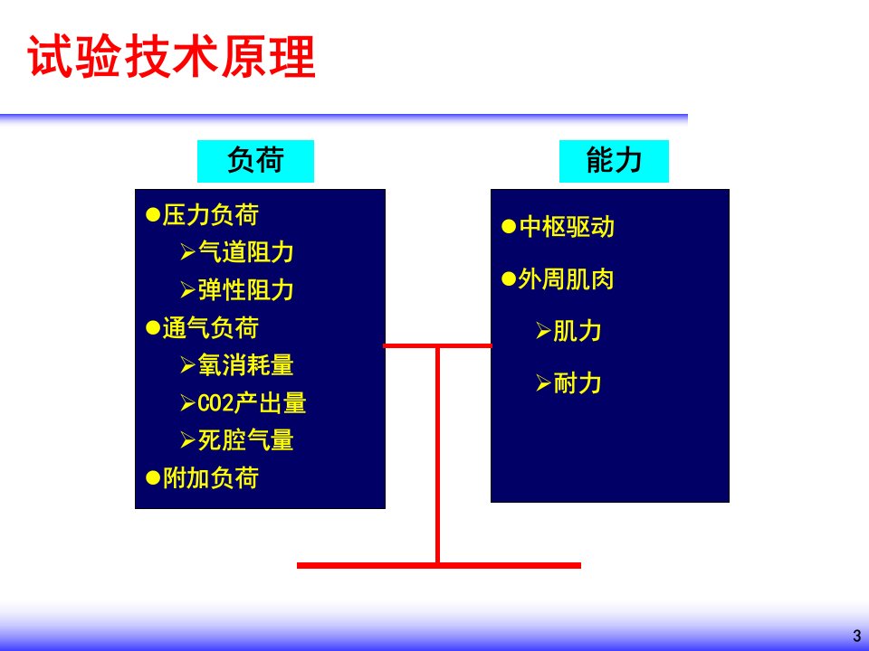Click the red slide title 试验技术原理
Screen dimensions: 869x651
171,56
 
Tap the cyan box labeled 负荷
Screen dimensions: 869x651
255,161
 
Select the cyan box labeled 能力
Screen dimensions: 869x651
614,161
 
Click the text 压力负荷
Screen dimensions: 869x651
211,215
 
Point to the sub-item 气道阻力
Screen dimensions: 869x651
246,252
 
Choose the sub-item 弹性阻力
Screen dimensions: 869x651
246,290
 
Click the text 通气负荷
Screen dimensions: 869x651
211,327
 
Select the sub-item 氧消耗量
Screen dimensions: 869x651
246,365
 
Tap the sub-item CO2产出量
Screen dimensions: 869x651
252,403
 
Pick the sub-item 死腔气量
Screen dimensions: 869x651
246,440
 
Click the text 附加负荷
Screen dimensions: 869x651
211,477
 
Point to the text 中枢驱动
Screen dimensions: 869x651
567,227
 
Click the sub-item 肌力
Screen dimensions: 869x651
578,331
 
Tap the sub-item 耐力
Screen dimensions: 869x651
578,383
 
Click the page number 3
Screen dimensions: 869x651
857,636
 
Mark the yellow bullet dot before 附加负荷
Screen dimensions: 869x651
153,477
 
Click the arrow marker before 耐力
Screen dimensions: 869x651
543,383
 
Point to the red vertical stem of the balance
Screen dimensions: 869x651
438,455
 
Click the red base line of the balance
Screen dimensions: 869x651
439,565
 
